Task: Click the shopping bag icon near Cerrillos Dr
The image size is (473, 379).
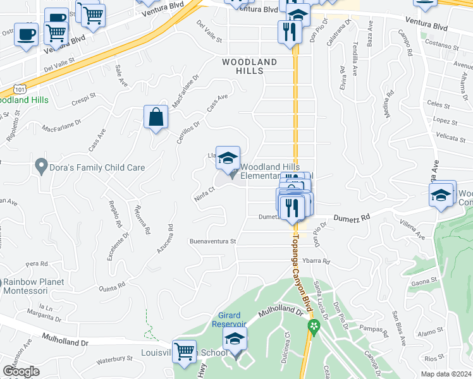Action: point(156,117)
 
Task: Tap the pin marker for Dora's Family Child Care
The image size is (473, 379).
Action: point(42,166)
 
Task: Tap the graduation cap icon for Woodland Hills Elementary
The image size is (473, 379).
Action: point(228,159)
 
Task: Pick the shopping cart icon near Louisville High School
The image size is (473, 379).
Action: point(185,351)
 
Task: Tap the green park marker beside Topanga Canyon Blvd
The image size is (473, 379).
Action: point(312,327)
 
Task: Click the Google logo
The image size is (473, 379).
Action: point(21,371)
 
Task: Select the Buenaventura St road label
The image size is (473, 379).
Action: point(212,241)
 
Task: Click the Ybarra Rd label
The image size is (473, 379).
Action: point(317,261)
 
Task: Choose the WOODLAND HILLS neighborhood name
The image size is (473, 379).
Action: point(249,66)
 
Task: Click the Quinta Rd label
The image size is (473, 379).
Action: point(113,286)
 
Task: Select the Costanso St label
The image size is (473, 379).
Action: point(442,45)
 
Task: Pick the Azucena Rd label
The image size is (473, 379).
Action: point(164,239)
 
